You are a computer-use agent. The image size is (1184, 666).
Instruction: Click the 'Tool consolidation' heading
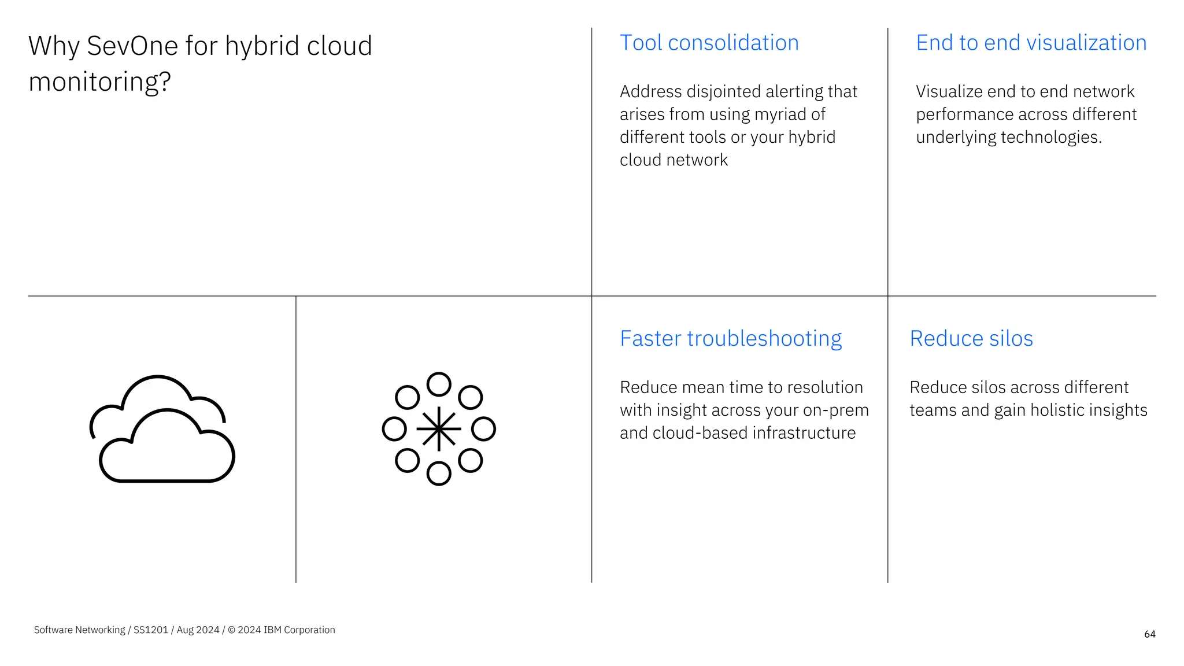tap(709, 43)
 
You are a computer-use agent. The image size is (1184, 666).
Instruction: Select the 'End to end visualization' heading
tap(1031, 43)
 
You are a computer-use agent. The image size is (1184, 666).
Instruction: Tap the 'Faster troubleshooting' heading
tap(730, 339)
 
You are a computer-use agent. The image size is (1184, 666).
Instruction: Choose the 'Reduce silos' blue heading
tap(971, 339)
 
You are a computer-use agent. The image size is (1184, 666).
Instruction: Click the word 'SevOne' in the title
tap(132, 46)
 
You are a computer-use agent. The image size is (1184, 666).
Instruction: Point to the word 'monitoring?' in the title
tap(99, 82)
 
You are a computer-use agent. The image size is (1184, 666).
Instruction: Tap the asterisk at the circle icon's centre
tap(439, 429)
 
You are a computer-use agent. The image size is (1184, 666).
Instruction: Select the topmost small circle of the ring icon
tap(439, 384)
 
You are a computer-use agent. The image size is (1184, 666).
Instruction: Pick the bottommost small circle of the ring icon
tap(439, 473)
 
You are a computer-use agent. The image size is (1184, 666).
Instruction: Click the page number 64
tap(1149, 634)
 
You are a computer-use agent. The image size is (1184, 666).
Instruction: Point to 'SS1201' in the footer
tap(150, 630)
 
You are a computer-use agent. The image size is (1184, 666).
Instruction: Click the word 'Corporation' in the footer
tap(309, 630)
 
